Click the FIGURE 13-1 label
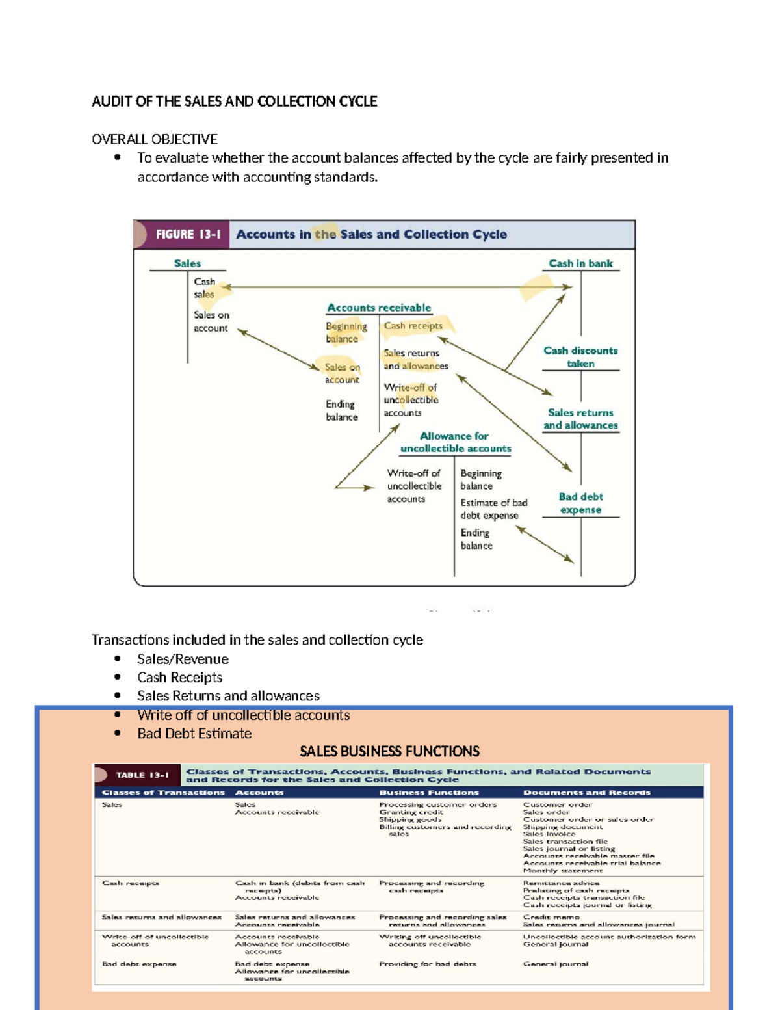pyautogui.click(x=188, y=234)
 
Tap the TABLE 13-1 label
pyautogui.click(x=142, y=775)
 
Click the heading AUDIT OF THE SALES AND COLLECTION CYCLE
pyautogui.click(x=234, y=101)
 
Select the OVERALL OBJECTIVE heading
pyautogui.click(x=154, y=139)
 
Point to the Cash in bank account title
pyautogui.click(x=580, y=263)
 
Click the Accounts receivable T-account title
pyautogui.click(x=378, y=308)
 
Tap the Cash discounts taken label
pyautogui.click(x=580, y=357)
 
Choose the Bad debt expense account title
pyautogui.click(x=580, y=503)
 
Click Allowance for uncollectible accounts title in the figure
pyautogui.click(x=455, y=442)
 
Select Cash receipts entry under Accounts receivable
pyautogui.click(x=413, y=326)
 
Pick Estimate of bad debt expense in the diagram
pyautogui.click(x=493, y=509)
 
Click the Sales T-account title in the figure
pyautogui.click(x=187, y=263)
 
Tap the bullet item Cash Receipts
pyautogui.click(x=179, y=677)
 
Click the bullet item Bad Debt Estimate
pyautogui.click(x=194, y=733)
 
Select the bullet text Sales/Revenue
pyautogui.click(x=183, y=659)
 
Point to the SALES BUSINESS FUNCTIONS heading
pyautogui.click(x=389, y=752)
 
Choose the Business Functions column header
pyautogui.click(x=429, y=793)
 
